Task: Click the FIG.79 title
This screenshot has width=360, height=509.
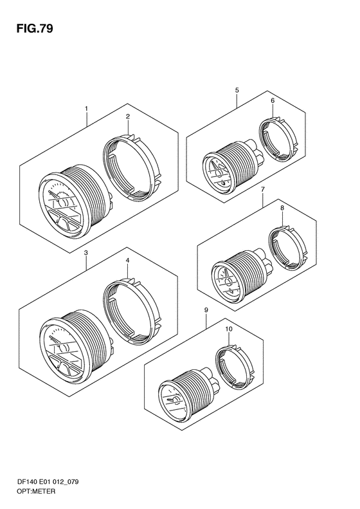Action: (35, 29)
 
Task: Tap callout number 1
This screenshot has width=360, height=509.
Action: (86, 109)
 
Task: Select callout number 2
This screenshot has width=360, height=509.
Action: (128, 116)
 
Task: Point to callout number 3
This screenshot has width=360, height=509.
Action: (85, 252)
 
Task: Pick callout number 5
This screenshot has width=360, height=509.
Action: (237, 90)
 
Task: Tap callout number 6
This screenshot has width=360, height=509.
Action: (273, 100)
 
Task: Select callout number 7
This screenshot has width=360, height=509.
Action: (263, 189)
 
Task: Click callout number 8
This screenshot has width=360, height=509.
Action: (282, 207)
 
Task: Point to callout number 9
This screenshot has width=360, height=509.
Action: (206, 310)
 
